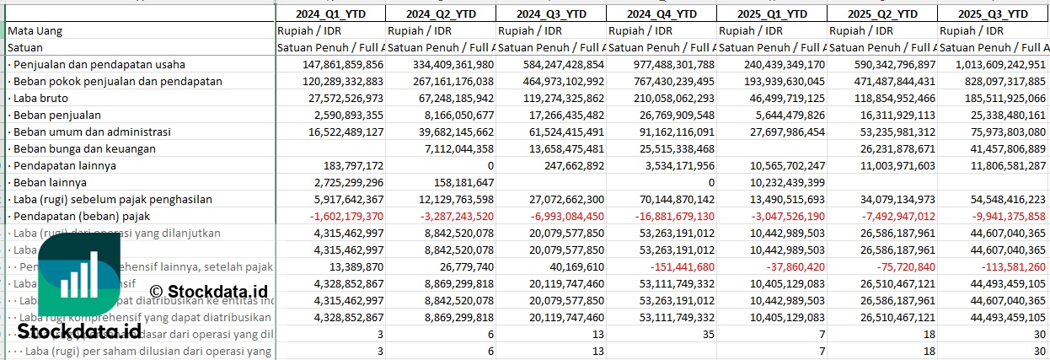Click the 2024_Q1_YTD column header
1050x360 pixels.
pos(330,13)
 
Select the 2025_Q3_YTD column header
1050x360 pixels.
pos(993,13)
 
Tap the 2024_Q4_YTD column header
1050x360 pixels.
pos(662,13)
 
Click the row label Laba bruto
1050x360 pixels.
pos(41,98)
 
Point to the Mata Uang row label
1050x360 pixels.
pos(35,30)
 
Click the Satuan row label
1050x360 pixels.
pos(25,47)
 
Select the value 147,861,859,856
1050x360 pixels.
pos(332,64)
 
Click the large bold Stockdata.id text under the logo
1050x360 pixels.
pos(79,330)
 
